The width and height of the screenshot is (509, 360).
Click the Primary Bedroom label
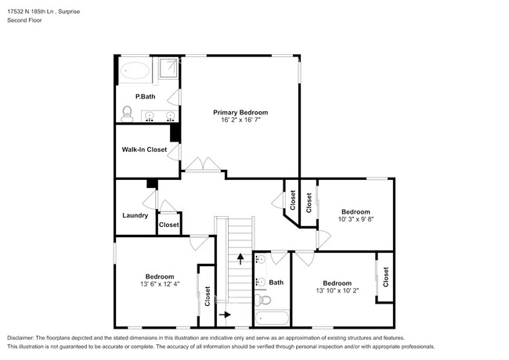pos(240,113)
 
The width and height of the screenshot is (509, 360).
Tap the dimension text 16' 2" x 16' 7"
pos(240,121)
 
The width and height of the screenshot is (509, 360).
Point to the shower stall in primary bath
pos(169,70)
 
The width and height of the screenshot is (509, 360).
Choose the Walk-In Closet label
pos(143,149)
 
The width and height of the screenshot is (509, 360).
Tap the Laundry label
pos(135,215)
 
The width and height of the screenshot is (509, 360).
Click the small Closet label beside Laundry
pos(169,225)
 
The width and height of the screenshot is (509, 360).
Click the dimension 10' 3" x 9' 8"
pos(355,220)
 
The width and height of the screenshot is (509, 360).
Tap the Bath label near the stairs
pos(276,283)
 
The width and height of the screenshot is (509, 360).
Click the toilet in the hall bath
pos(265,301)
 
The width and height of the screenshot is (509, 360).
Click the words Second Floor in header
pos(24,20)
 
